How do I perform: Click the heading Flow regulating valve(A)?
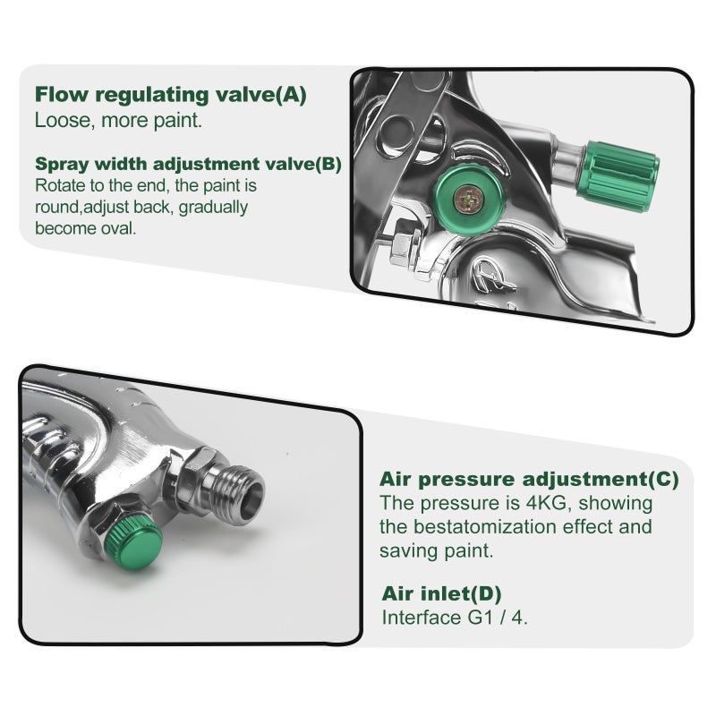coord(170,95)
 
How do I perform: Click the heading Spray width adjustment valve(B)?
coord(188,164)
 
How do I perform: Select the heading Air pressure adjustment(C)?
coord(529,480)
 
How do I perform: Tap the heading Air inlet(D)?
coord(441,593)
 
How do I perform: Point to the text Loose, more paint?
coord(118,121)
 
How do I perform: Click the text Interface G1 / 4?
coord(455,618)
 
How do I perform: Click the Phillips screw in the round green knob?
coord(469,198)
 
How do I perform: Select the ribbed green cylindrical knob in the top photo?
coord(622,175)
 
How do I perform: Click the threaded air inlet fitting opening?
coord(251,499)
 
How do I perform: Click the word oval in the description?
coord(121,228)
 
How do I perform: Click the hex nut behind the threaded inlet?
coord(198,475)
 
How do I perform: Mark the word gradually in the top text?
coord(213,208)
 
